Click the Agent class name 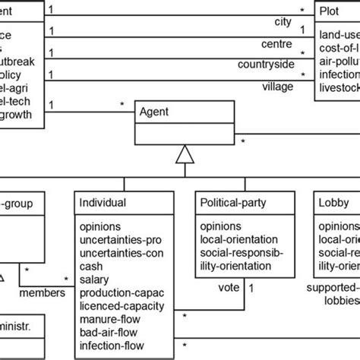[x=155, y=111]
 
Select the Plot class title [x=332, y=12]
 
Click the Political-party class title [x=236, y=203]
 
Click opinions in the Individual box [x=100, y=225]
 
